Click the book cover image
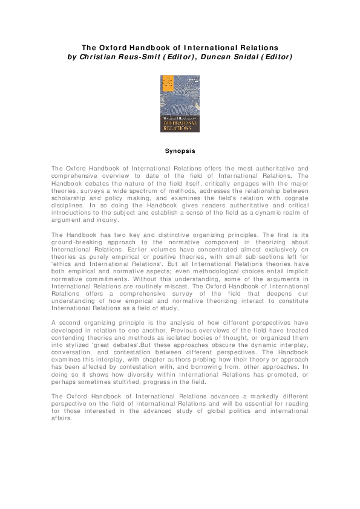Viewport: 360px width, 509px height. click(x=180, y=103)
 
